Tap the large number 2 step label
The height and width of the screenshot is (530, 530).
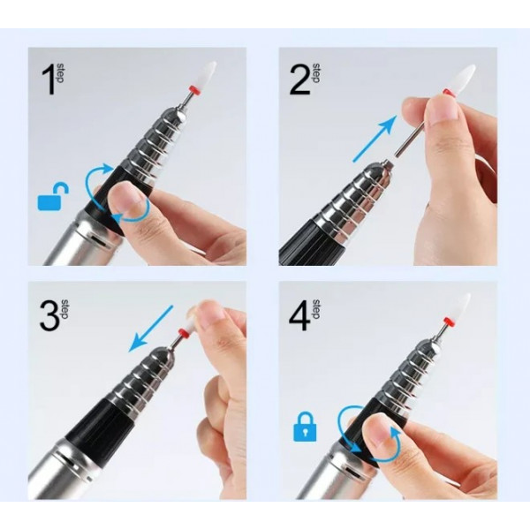(299, 80)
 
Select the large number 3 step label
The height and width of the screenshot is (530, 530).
(48, 315)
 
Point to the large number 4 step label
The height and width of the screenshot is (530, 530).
(299, 315)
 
